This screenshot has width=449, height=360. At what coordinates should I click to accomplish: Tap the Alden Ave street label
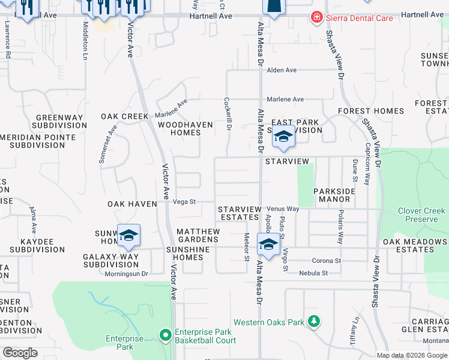[282, 70]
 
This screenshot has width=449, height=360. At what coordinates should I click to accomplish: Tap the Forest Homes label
[370, 111]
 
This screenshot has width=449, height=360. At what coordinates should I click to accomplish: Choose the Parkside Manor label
[331, 195]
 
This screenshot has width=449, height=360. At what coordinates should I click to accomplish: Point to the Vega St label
[184, 202]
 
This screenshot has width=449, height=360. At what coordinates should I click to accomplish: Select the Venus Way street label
[283, 209]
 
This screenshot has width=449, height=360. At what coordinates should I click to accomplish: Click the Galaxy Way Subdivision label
[110, 260]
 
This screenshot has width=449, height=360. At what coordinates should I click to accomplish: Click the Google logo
[20, 352]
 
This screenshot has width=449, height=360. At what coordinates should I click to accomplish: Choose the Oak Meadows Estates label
[415, 245]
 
